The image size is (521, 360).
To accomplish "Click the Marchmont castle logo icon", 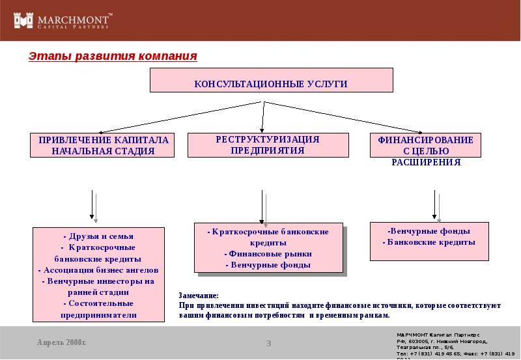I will [x=23, y=21].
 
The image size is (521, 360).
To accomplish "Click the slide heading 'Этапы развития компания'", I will [x=112, y=56].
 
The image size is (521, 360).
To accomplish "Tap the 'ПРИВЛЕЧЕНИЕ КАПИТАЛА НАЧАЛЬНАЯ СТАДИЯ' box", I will [x=103, y=145].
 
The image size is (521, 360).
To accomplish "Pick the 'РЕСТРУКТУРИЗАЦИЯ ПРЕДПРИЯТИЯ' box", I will [x=268, y=145].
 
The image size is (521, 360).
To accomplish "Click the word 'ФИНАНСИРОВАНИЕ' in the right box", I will [x=426, y=140].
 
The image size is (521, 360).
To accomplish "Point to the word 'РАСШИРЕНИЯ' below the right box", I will [x=426, y=162].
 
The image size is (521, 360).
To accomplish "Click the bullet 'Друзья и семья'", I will [x=98, y=236].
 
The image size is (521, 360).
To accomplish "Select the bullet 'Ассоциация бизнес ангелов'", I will [x=98, y=270].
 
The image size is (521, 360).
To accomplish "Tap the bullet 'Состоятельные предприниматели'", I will [x=98, y=309].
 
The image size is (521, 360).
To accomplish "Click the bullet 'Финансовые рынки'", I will [x=268, y=254].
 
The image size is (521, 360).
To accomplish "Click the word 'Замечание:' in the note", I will [x=199, y=296].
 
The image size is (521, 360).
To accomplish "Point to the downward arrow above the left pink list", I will [x=92, y=206].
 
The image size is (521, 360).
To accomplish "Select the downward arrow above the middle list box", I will [x=262, y=206].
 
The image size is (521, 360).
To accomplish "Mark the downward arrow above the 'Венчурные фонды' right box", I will [x=434, y=206].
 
